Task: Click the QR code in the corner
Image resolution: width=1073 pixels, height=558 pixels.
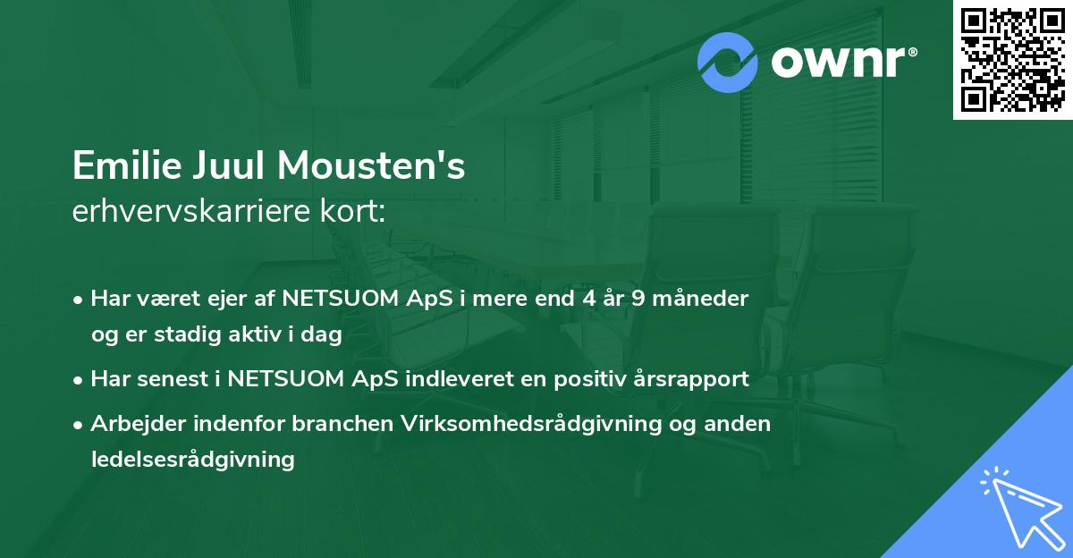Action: pos(1013,59)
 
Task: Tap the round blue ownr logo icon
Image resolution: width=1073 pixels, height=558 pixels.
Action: pos(728,62)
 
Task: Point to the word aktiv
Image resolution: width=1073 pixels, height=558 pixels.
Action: pos(254,334)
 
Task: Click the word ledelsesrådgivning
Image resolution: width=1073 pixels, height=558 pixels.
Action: pos(192,460)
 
